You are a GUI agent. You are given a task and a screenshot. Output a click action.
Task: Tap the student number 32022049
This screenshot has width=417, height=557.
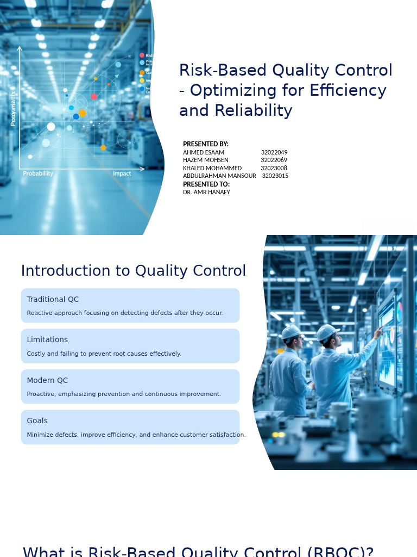274,153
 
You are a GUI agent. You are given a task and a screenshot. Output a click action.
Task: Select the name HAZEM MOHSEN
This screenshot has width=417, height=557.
206,160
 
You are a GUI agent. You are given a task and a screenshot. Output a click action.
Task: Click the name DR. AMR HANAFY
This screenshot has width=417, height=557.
206,193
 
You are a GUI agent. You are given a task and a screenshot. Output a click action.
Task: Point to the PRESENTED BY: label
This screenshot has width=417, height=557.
206,144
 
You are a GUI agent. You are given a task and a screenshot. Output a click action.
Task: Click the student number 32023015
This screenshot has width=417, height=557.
275,176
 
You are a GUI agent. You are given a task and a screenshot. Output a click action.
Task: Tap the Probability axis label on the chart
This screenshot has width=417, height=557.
38,174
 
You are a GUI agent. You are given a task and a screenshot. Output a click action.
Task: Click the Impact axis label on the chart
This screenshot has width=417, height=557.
122,174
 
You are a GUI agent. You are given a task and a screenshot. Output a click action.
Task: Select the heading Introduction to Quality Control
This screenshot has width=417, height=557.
134,271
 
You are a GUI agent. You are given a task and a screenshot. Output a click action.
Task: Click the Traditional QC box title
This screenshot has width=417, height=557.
53,300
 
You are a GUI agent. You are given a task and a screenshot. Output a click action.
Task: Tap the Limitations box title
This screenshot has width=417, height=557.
47,340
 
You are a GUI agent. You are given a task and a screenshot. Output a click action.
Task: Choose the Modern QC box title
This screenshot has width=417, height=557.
47,381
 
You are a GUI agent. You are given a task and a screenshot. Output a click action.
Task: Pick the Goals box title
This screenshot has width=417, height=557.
37,421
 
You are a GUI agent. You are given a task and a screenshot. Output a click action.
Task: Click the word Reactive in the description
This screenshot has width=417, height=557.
39,313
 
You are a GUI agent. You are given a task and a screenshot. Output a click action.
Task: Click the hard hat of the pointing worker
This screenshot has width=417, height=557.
327,331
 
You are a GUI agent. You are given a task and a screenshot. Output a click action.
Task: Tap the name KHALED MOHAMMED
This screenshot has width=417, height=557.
212,169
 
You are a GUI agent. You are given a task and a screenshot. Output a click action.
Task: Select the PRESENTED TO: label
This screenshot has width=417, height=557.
206,184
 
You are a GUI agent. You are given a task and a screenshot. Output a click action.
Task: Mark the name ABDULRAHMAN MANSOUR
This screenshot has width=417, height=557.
219,176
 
